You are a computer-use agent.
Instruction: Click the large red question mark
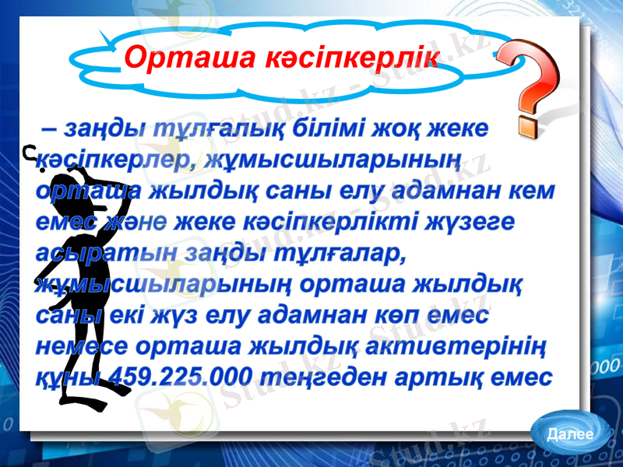529,86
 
